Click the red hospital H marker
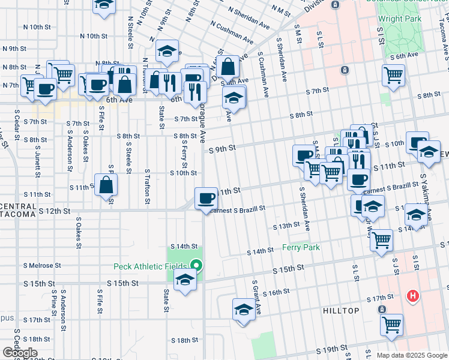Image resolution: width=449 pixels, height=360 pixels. coord(412,296)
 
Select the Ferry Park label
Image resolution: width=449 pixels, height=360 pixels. coord(301,247)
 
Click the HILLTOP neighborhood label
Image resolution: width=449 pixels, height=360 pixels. coord(341,311)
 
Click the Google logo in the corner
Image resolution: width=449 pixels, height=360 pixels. coord(20,353)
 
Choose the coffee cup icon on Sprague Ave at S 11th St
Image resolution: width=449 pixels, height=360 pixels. coord(206,198)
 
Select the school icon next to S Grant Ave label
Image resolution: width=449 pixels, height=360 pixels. coord(243,310)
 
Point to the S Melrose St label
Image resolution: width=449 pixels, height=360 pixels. coord(42,265)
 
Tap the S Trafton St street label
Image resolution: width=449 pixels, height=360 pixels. coord(146,186)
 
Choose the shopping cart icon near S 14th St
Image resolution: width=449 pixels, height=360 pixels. coord(382,240)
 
